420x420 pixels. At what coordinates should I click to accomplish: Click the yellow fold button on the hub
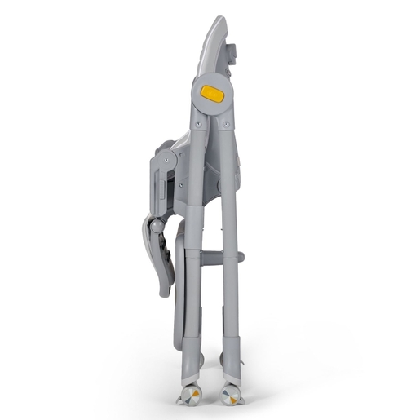pyautogui.click(x=212, y=94)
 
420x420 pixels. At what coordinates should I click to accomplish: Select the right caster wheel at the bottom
pyautogui.click(x=232, y=396)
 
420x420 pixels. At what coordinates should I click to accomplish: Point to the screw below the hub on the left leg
pyautogui.click(x=199, y=126)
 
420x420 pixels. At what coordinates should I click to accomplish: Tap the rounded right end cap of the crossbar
pyautogui.click(x=241, y=258)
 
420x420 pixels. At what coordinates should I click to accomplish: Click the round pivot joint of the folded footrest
pyautogui.click(x=152, y=226)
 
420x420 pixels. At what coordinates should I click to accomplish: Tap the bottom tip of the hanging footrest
pyautogui.click(x=166, y=291)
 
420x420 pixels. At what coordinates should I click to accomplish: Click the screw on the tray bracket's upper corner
pyautogui.click(x=170, y=161)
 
